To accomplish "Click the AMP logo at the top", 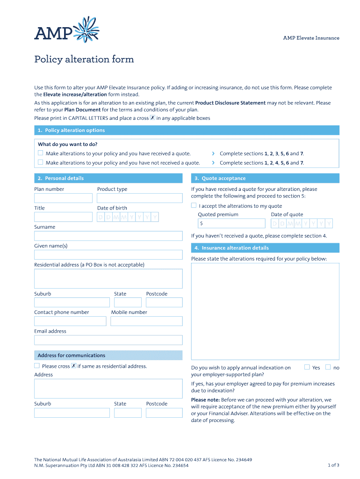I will (x=66, y=30).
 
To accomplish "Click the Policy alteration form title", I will (x=84, y=59).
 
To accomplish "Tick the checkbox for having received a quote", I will (x=41, y=153).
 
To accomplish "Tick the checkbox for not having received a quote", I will (x=41, y=162).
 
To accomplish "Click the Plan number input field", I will (x=63, y=198).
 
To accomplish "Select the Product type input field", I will (x=139, y=198).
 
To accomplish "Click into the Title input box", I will (x=63, y=217).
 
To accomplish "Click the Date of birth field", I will (x=128, y=217).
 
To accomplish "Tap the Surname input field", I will (x=108, y=236).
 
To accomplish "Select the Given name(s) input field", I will (x=108, y=254).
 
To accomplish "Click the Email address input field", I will (x=108, y=340).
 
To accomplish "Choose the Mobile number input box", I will (x=146, y=321).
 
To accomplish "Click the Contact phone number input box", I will (x=70, y=321).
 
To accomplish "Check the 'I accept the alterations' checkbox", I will (x=194, y=205).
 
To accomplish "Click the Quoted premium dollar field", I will (x=231, y=224).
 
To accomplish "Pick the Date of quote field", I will (x=302, y=224).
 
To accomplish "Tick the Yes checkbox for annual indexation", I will (x=307, y=367).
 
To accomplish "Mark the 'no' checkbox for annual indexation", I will (x=328, y=367).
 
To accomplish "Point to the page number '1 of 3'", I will (x=333, y=465).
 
